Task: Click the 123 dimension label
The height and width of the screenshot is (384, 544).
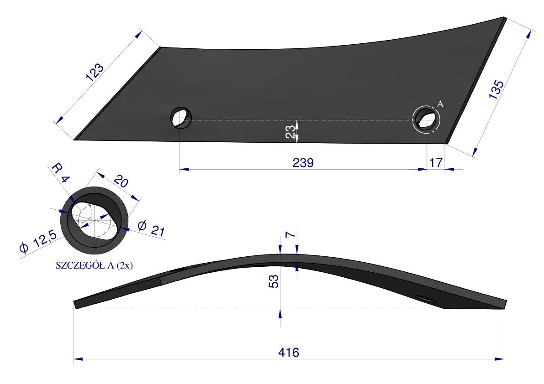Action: [x=95, y=72]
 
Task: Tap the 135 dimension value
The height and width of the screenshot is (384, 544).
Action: [x=496, y=89]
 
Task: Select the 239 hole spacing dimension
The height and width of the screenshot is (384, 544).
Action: [x=303, y=162]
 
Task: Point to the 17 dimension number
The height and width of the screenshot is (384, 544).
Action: [x=436, y=162]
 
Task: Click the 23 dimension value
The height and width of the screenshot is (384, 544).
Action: [x=291, y=131]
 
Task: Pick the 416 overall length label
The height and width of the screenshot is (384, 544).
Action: [x=288, y=353]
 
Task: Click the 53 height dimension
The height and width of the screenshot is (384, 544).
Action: [x=274, y=281]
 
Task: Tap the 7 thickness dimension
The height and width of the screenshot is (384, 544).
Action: [x=290, y=234]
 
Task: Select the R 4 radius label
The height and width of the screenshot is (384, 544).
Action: [x=61, y=173]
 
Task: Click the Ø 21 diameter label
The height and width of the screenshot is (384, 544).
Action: [x=151, y=228]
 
